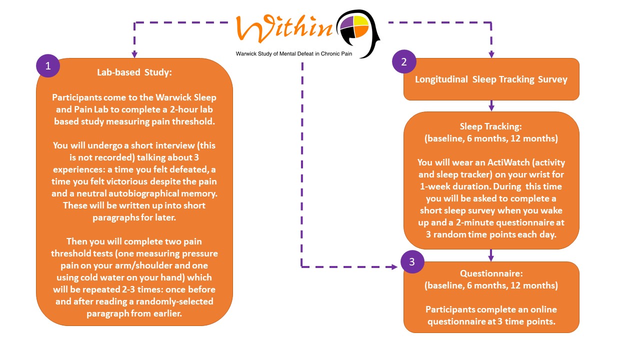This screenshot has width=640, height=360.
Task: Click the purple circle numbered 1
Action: click(48, 65)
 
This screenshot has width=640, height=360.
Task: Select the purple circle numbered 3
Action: click(412, 261)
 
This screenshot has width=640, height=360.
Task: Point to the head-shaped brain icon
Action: click(357, 33)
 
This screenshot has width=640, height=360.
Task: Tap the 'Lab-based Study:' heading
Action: click(134, 72)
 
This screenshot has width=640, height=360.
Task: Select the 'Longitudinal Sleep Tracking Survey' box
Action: click(491, 79)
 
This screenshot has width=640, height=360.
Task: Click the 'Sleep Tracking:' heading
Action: click(491, 126)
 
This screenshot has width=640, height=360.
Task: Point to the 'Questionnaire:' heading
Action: click(491, 273)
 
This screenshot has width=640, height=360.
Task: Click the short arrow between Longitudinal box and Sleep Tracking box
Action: click(491, 105)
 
